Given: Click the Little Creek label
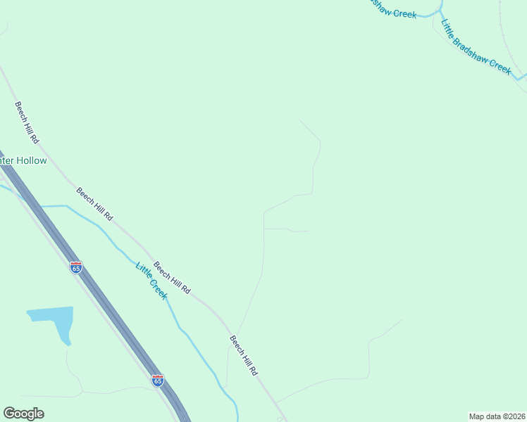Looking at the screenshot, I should [151, 281].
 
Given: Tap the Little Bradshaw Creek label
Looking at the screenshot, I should [476, 46].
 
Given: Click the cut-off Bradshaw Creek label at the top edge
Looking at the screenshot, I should [393, 8].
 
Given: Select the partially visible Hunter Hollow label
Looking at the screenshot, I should [23, 161].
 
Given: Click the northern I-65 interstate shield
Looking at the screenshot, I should [76, 267].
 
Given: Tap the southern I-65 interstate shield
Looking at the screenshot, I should [158, 380].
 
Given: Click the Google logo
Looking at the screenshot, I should [23, 414].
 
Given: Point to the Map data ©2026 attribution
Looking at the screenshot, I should [497, 416].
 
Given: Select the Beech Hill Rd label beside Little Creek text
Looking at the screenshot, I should [172, 278].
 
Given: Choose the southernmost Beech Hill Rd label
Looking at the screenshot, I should [244, 354].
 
